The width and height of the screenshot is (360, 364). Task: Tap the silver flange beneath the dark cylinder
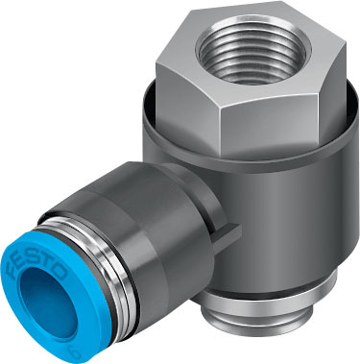[278, 312]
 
